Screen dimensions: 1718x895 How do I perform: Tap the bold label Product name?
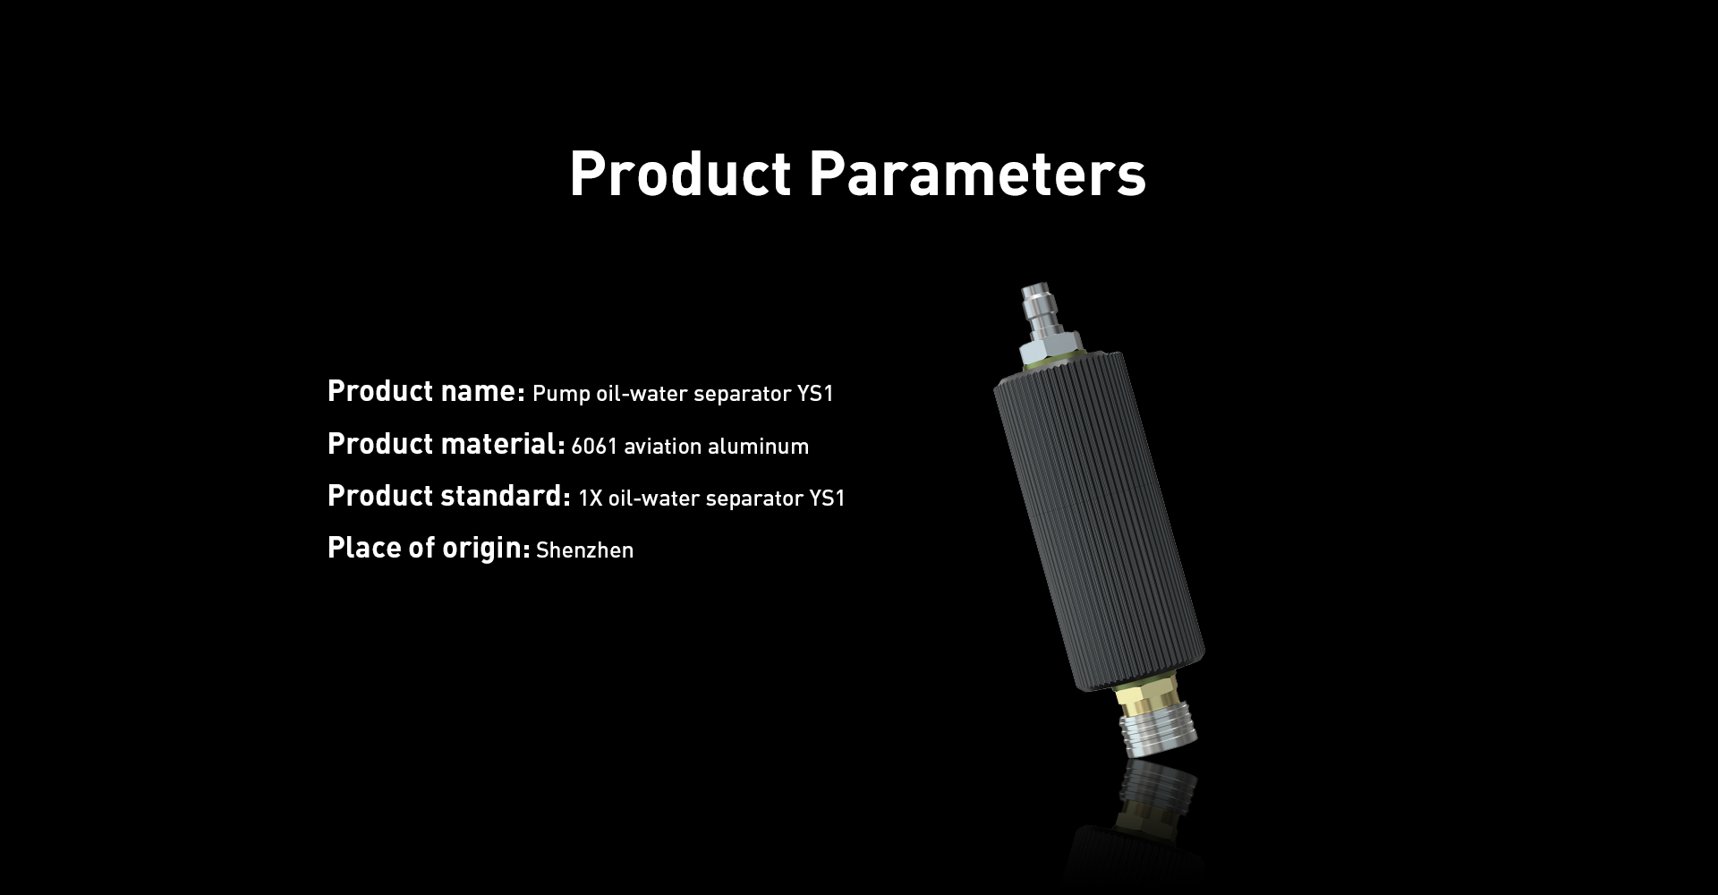(426, 392)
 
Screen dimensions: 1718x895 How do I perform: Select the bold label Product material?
(446, 444)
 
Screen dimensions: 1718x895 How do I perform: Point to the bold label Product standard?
(448, 496)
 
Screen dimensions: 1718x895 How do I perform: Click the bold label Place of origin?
(429, 548)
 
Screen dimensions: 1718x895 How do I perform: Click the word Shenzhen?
(584, 550)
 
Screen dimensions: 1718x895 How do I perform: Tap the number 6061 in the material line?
(594, 447)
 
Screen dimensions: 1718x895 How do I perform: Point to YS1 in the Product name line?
(815, 395)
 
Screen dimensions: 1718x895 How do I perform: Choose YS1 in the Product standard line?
(827, 499)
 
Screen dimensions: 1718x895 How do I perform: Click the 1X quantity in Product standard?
(591, 499)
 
